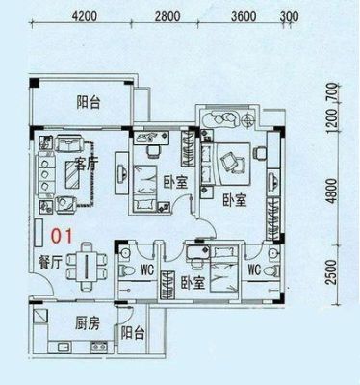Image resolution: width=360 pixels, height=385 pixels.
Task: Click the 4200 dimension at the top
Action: click(x=85, y=16)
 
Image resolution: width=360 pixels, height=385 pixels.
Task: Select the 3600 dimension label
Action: click(x=244, y=16)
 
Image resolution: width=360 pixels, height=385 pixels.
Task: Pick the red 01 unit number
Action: click(x=63, y=236)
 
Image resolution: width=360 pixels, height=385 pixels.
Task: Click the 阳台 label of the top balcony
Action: click(x=89, y=103)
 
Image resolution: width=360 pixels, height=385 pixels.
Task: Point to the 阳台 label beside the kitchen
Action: click(x=133, y=334)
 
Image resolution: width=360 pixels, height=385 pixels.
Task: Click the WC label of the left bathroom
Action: click(x=147, y=269)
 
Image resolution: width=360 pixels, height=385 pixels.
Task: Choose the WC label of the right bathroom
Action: click(x=254, y=269)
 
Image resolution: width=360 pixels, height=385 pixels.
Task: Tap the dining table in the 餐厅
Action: click(x=87, y=267)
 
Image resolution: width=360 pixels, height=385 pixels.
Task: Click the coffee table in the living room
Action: click(x=73, y=175)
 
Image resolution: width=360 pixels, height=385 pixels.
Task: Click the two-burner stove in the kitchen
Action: click(x=99, y=346)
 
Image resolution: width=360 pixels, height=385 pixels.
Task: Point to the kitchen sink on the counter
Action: click(x=64, y=346)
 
